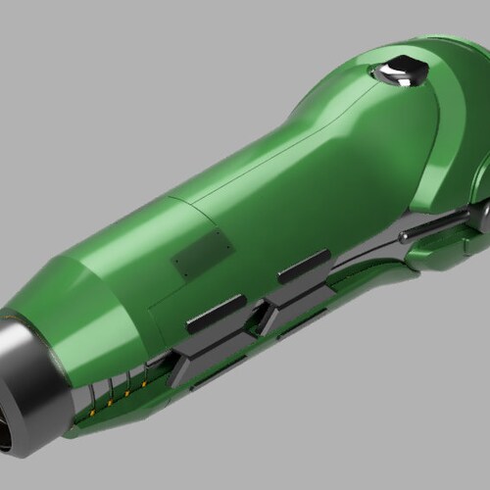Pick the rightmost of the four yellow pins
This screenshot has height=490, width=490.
pos(144,383)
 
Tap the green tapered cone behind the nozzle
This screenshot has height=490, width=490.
pos(98,304)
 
